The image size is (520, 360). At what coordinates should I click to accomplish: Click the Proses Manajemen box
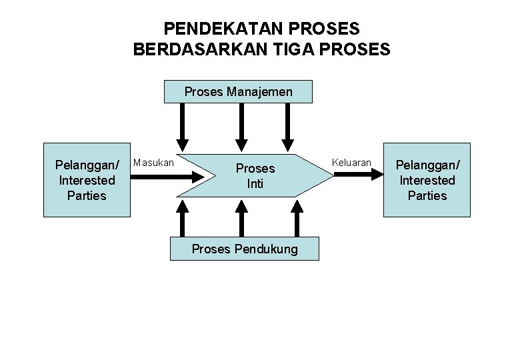tap(238, 91)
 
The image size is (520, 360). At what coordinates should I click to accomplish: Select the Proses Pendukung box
tap(245, 249)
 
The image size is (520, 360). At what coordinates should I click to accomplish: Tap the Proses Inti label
tap(255, 176)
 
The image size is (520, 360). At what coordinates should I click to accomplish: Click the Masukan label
tap(154, 162)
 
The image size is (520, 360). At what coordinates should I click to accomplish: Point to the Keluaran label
tap(351, 162)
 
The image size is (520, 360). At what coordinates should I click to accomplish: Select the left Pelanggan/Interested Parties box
tap(87, 180)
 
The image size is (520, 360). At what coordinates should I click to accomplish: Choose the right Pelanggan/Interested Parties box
tap(426, 180)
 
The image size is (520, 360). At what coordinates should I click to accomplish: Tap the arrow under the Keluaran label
tap(357, 175)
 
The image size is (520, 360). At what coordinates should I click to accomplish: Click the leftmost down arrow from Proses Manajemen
tap(182, 127)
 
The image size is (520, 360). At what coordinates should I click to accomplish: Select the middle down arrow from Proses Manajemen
tap(243, 127)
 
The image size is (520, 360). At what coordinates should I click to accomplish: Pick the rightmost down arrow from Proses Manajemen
tap(288, 127)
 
